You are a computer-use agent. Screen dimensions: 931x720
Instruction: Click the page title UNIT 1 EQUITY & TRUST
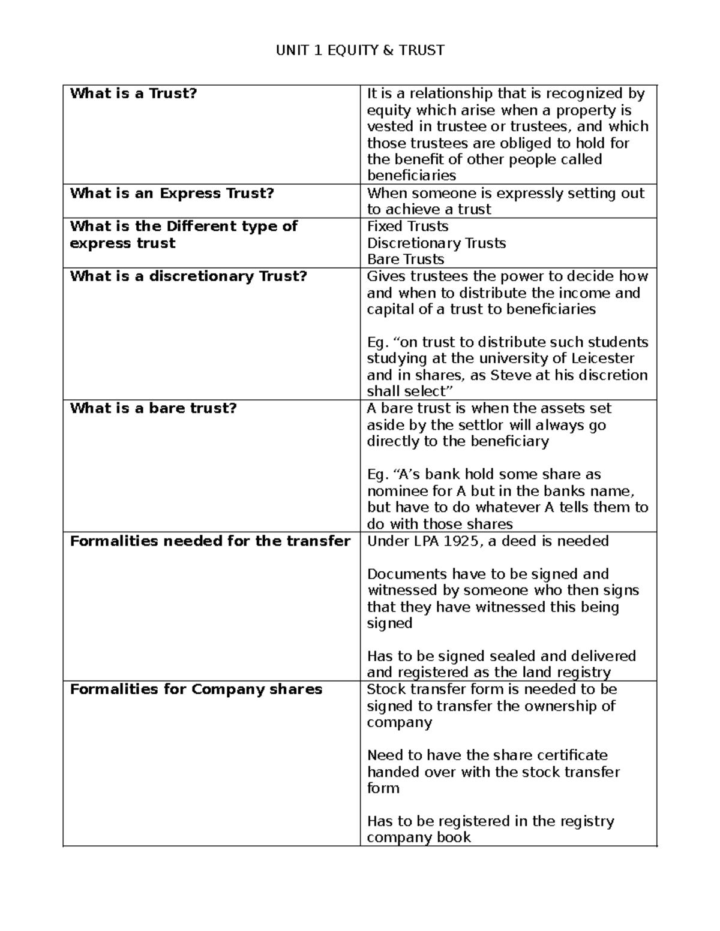pos(360,50)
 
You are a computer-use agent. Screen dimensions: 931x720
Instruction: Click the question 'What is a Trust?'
pos(133,94)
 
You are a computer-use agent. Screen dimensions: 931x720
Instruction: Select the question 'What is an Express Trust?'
pos(172,193)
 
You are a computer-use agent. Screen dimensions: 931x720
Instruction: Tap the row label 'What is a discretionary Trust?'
pos(188,276)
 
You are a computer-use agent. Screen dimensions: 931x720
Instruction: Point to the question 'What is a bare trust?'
pos(153,408)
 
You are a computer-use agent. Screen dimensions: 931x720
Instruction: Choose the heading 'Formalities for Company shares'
pos(196,689)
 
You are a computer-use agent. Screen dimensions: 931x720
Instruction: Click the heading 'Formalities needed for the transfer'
pos(210,541)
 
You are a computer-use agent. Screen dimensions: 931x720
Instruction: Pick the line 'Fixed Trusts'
pos(407,227)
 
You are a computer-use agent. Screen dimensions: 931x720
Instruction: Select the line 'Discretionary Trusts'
pos(436,243)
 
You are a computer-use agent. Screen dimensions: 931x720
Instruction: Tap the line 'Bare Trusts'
pos(406,260)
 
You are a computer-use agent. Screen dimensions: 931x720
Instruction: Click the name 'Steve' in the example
pos(509,375)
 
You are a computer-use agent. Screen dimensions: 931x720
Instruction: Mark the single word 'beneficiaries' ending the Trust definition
pos(411,176)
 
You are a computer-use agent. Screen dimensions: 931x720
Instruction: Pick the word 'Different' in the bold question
pos(201,227)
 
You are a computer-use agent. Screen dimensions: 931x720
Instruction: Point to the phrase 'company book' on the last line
pos(419,837)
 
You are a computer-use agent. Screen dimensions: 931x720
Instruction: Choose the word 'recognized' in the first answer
pos(579,94)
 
